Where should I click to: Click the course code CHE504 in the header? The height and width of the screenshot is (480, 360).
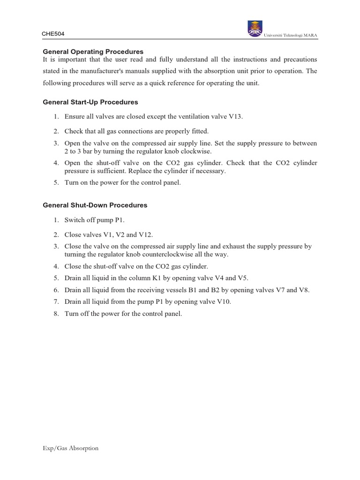[52, 33]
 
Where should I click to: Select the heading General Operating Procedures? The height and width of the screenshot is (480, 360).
[93, 51]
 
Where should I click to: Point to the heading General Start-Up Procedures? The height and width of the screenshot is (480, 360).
[90, 102]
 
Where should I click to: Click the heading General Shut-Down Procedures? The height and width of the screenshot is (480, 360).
[95, 205]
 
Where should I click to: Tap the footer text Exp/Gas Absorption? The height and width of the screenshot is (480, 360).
[70, 448]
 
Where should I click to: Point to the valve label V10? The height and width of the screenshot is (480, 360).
[222, 301]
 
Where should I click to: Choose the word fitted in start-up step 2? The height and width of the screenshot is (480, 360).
[199, 131]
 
